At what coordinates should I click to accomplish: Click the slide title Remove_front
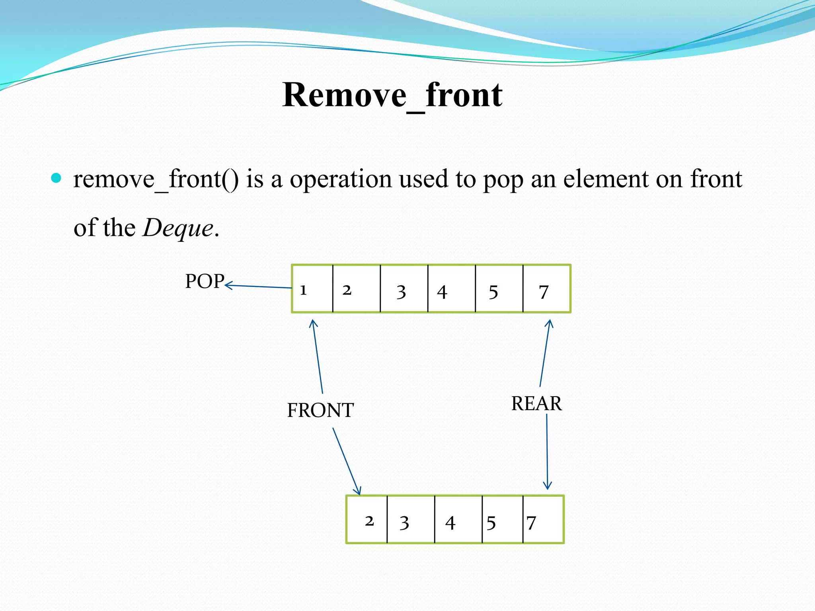[392, 95]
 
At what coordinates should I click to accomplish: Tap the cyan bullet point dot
[57, 178]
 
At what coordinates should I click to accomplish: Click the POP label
[205, 281]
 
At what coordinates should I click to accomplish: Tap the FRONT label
[320, 410]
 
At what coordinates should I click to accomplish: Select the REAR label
[536, 403]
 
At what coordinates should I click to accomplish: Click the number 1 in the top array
[303, 290]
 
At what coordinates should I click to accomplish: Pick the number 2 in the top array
[347, 290]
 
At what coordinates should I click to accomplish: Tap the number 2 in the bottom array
[369, 521]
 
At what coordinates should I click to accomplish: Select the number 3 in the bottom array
[404, 523]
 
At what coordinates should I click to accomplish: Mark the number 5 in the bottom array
[491, 523]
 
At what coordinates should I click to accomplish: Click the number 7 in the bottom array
[531, 523]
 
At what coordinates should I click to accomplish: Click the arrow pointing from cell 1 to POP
[259, 286]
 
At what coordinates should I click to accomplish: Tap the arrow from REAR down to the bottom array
[547, 451]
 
